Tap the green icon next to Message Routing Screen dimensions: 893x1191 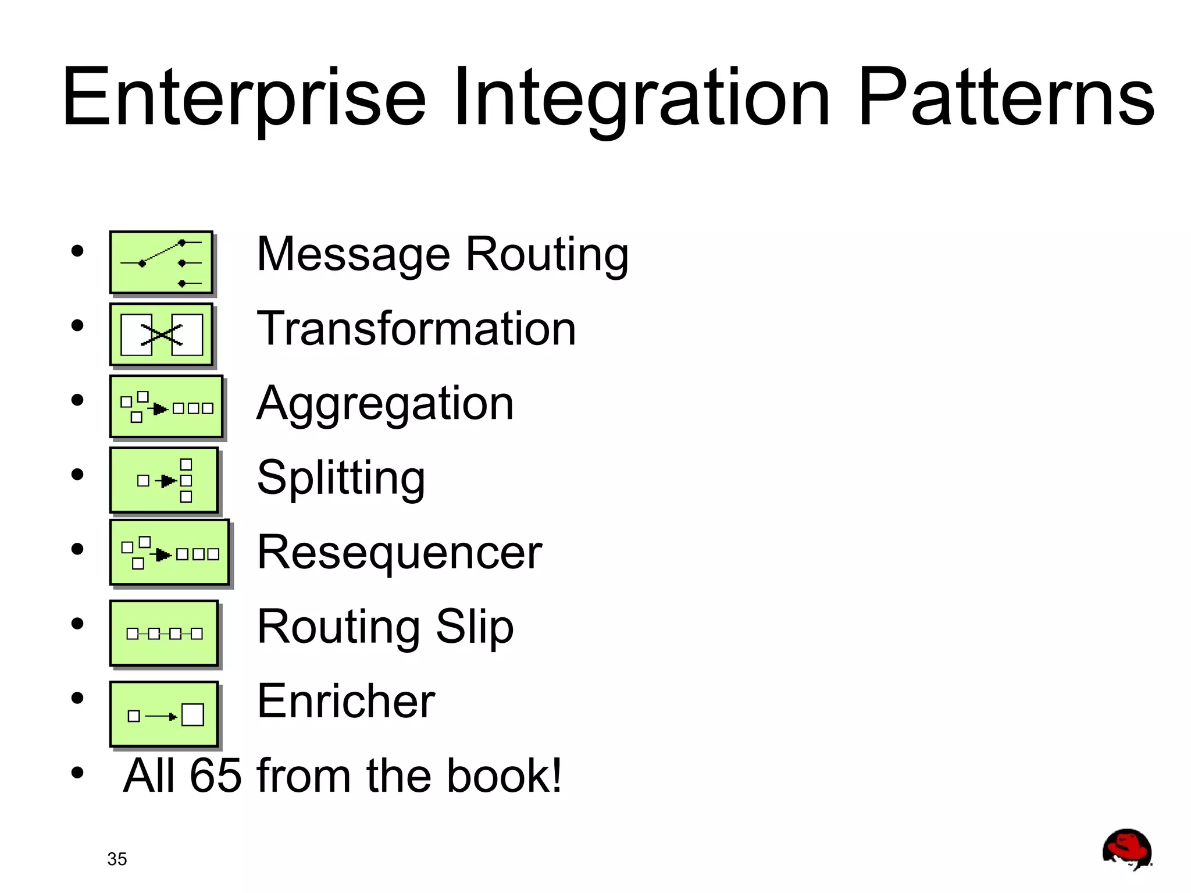162,263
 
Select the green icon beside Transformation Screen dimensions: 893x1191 162,335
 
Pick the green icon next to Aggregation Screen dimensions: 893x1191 167,407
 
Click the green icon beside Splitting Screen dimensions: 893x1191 165,481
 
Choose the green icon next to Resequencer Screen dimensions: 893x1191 170,553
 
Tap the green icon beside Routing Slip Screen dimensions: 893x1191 165,634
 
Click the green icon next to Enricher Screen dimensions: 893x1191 165,714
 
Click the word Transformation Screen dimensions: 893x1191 416,329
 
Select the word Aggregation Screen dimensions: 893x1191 386,404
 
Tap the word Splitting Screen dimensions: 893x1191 341,478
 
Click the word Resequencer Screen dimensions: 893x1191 400,553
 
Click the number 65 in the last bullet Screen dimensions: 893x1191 215,776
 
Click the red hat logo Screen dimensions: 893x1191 1126,849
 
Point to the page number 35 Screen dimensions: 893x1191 117,859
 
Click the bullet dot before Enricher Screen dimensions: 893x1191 77,698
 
